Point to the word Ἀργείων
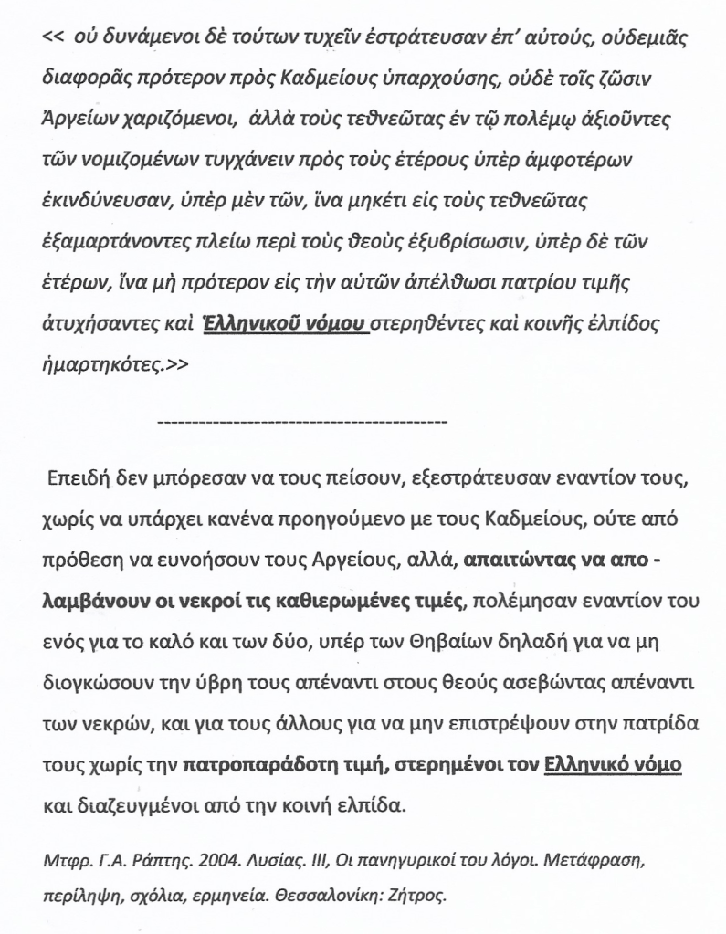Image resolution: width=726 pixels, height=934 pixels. (80, 121)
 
